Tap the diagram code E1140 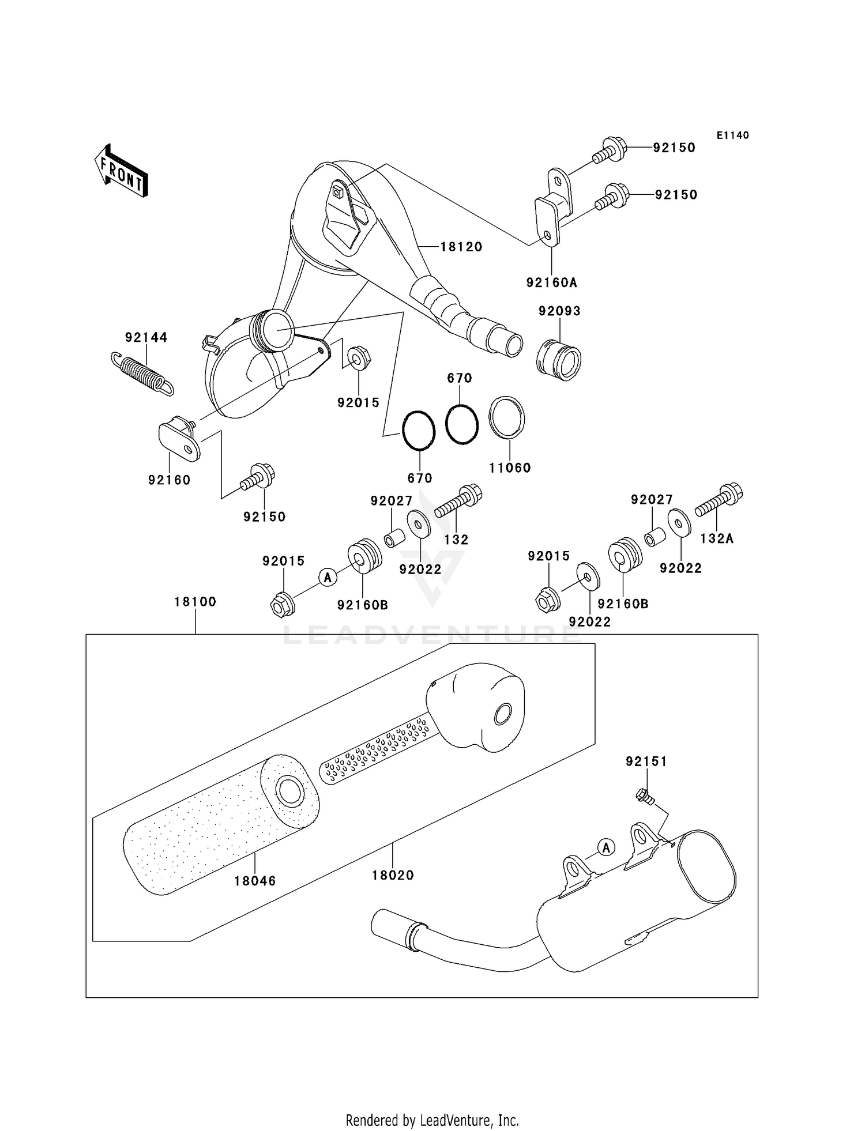[732, 135]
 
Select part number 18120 [461, 247]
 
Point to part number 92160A [551, 282]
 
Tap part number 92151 [646, 761]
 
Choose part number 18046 [255, 881]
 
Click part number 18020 [393, 875]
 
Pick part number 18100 [195, 602]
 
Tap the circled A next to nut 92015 [328, 576]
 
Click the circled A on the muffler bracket [605, 847]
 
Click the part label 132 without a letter [456, 540]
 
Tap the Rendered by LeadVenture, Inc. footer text [432, 1120]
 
